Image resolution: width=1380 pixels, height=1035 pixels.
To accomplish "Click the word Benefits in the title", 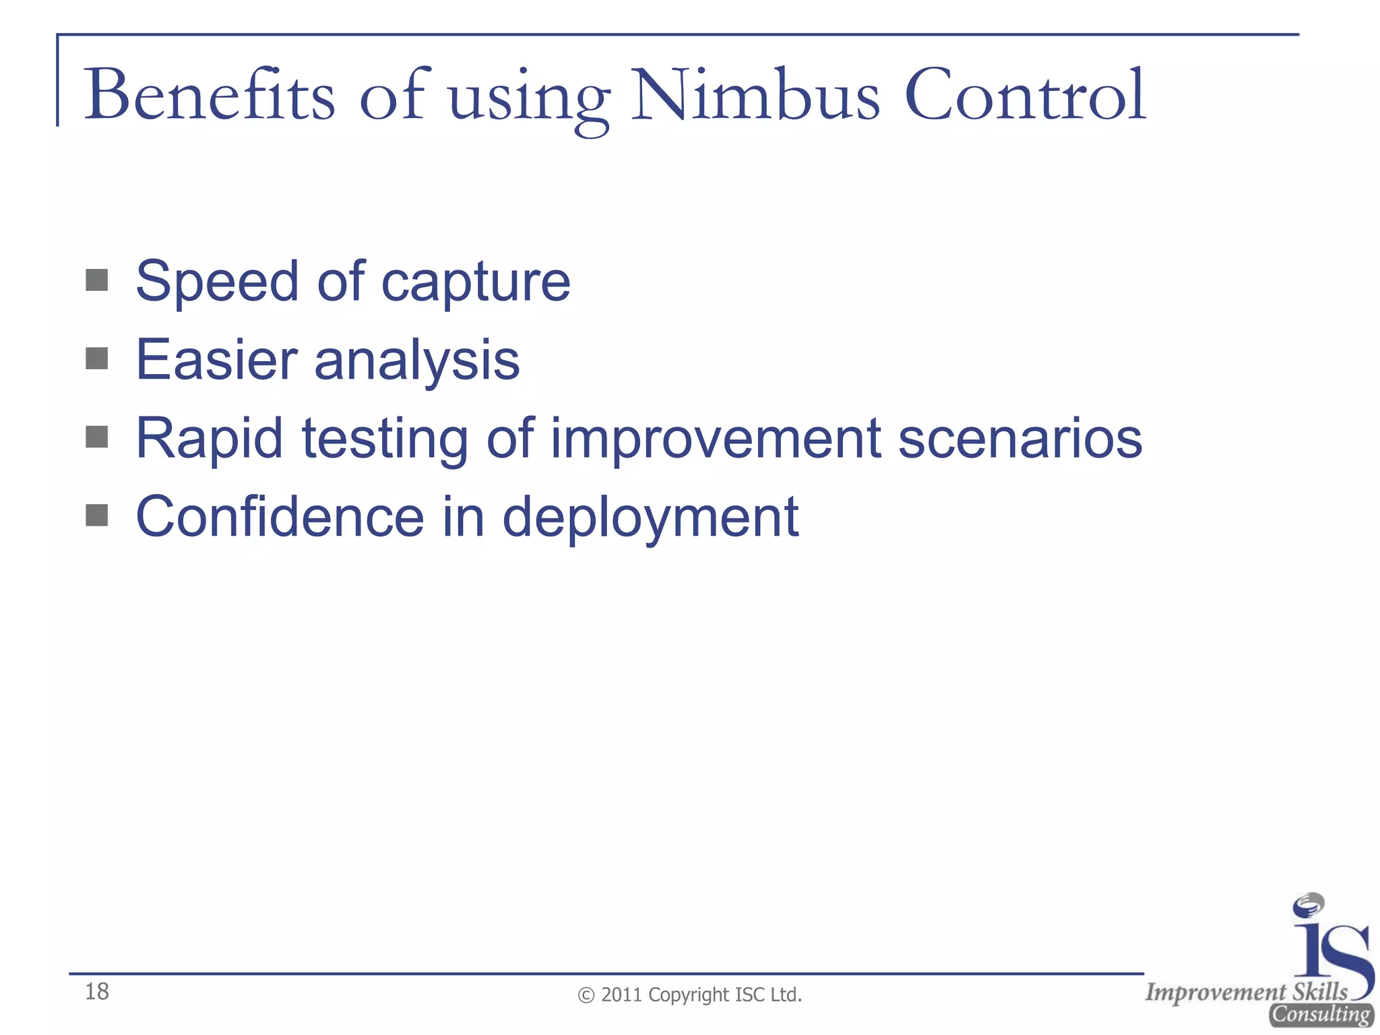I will click(x=209, y=96).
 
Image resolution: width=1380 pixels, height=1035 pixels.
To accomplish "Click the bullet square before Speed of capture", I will click(x=97, y=280).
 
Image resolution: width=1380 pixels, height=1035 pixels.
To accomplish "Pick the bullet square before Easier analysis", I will click(x=97, y=358).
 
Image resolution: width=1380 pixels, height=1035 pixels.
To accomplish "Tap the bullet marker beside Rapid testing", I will click(x=97, y=437).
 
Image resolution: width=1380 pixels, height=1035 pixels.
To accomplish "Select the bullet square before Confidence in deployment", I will click(x=97, y=515).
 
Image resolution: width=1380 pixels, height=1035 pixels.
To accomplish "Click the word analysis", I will click(x=417, y=361).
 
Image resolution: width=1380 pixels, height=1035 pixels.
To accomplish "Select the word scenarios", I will click(x=1020, y=438).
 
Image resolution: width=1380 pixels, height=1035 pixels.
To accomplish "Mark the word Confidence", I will click(x=280, y=517).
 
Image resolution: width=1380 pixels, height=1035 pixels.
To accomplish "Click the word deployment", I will click(x=650, y=519).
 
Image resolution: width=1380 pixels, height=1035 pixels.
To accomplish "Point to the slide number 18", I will click(x=97, y=991).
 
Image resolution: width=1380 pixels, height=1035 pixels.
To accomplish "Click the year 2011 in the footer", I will click(x=621, y=995).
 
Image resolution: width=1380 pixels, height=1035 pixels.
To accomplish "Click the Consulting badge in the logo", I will click(x=1321, y=1015).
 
